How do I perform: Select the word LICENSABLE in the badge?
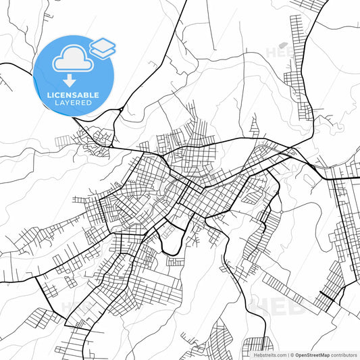[73, 94]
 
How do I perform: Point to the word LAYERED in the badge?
[73, 103]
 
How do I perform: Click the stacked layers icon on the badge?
[103, 47]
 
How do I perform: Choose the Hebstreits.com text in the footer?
[267, 355]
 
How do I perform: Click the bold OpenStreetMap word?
[311, 355]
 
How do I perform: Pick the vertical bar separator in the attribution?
[287, 355]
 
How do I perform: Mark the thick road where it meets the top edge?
[184, 2]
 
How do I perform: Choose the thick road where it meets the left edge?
[2, 63]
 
